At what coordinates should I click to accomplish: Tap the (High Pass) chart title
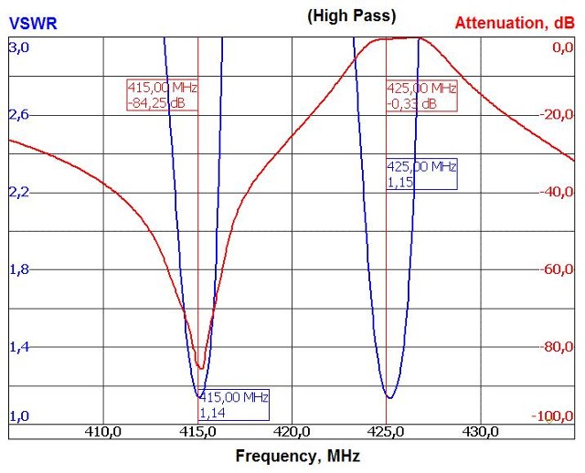pyautogui.click(x=351, y=16)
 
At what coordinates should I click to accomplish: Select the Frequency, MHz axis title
pyautogui.click(x=297, y=455)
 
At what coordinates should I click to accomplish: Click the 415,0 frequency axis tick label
pyautogui.click(x=198, y=432)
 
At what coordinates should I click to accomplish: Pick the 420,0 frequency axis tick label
pyautogui.click(x=292, y=432)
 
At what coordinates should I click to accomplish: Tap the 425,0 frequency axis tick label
pyautogui.click(x=387, y=432)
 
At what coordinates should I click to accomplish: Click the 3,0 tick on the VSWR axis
pyautogui.click(x=19, y=46)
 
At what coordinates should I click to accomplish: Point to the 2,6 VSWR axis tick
pyautogui.click(x=19, y=115)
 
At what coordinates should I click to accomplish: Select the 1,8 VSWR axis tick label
pyautogui.click(x=19, y=269)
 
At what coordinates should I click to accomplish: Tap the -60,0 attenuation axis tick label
pyautogui.click(x=555, y=269)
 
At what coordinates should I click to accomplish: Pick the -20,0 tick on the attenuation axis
pyautogui.click(x=555, y=115)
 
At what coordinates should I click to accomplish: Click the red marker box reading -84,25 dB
pyautogui.click(x=162, y=96)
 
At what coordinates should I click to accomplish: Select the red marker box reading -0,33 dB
pyautogui.click(x=421, y=96)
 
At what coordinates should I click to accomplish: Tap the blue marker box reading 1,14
pyautogui.click(x=234, y=405)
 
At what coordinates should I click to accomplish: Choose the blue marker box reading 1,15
pyautogui.click(x=421, y=174)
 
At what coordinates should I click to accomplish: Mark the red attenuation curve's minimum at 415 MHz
pyautogui.click(x=200, y=368)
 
